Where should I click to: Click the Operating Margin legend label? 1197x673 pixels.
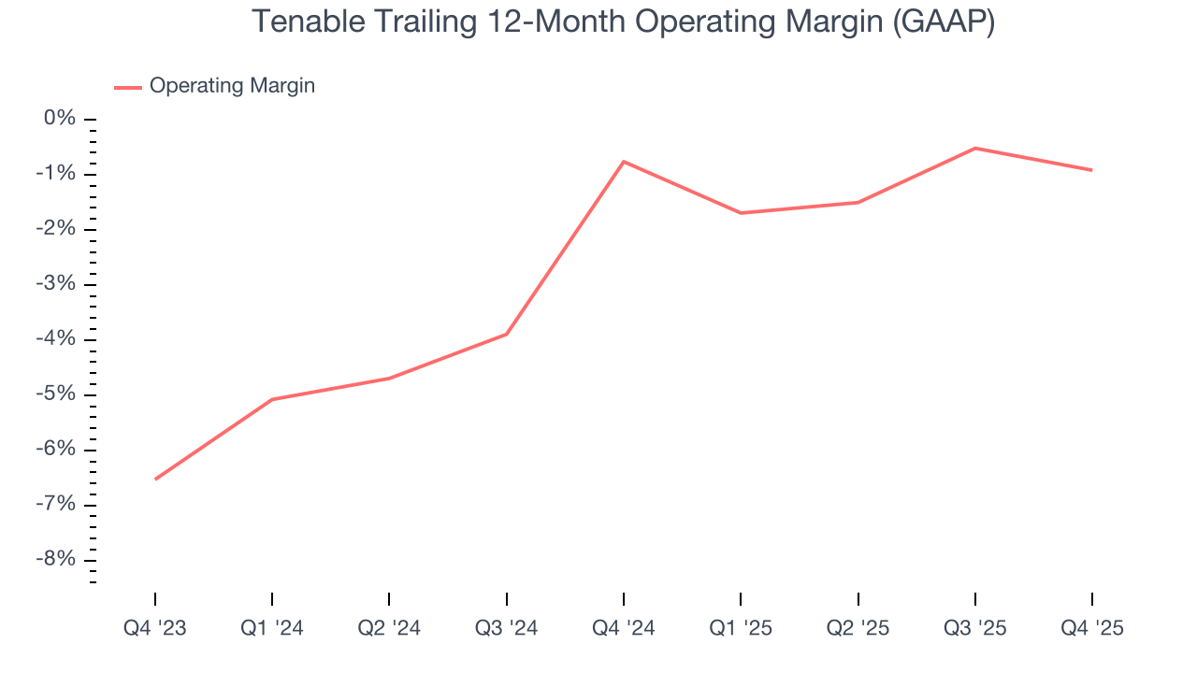click(x=232, y=86)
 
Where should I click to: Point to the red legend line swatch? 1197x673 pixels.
click(x=128, y=87)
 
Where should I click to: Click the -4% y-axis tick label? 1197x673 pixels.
click(x=56, y=339)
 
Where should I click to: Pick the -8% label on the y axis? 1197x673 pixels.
click(x=56, y=560)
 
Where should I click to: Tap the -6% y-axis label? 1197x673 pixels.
click(x=56, y=450)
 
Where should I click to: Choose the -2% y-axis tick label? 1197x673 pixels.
click(x=56, y=229)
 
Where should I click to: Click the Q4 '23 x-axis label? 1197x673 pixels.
click(x=155, y=629)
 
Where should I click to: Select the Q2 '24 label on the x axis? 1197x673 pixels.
click(x=389, y=629)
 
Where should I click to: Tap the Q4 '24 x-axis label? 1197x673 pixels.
click(x=624, y=629)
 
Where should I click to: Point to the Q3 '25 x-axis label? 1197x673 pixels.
click(x=975, y=629)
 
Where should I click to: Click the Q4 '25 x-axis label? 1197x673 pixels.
click(x=1092, y=629)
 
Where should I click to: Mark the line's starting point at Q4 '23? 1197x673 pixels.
click(x=155, y=480)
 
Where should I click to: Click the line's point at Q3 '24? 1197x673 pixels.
click(x=507, y=334)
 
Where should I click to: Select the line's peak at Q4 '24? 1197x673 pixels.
click(x=624, y=162)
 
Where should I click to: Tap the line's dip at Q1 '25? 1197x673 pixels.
click(x=741, y=213)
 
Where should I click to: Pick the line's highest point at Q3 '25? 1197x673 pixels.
click(x=975, y=148)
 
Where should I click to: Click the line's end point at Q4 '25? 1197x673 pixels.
click(x=1092, y=170)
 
